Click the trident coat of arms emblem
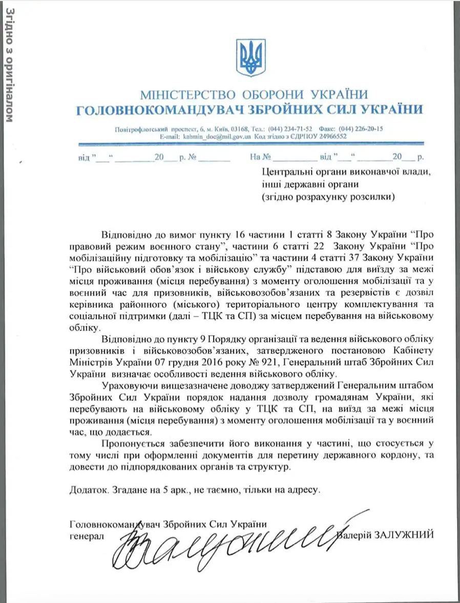250,57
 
